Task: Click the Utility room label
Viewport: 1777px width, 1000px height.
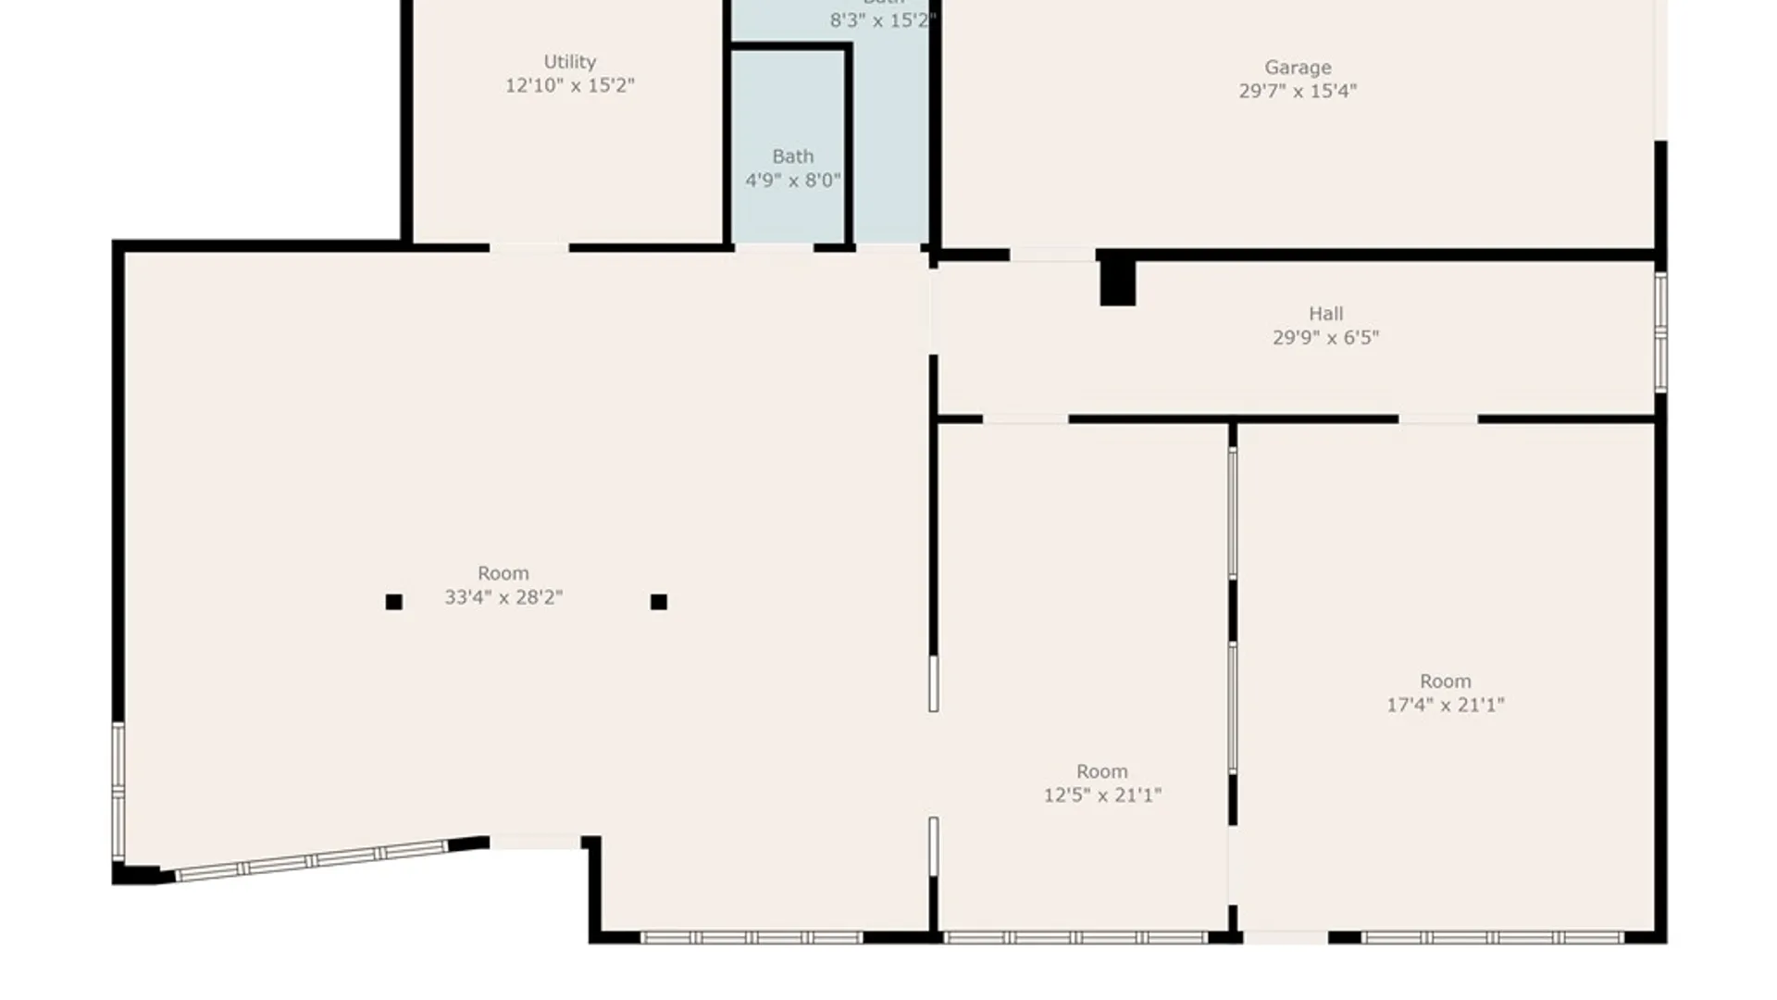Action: click(569, 62)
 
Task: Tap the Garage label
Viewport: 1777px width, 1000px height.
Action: click(1298, 68)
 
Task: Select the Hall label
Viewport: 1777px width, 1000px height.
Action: click(1325, 314)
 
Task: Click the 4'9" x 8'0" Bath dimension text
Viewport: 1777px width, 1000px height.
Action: click(793, 180)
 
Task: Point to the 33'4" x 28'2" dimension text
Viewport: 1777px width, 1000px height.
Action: click(503, 597)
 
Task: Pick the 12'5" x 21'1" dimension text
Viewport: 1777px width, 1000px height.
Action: click(1102, 794)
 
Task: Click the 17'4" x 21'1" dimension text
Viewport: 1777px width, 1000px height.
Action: click(1445, 705)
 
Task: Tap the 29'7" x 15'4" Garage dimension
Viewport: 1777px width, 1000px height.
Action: click(1298, 91)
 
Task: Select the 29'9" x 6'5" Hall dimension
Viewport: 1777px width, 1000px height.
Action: click(1325, 338)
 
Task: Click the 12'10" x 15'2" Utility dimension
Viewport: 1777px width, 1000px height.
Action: click(569, 85)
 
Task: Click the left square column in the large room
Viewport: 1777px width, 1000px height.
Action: click(393, 602)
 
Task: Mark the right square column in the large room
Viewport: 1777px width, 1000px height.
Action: click(659, 602)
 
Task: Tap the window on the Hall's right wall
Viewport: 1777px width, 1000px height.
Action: click(1660, 331)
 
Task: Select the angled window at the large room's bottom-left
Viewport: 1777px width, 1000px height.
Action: click(312, 860)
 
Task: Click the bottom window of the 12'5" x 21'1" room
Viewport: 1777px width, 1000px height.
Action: click(1075, 938)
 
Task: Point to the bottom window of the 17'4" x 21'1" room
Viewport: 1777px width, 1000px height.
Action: click(1492, 938)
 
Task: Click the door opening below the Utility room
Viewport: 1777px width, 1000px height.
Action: click(528, 248)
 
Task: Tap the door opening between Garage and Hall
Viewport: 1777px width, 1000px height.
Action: click(1052, 255)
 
